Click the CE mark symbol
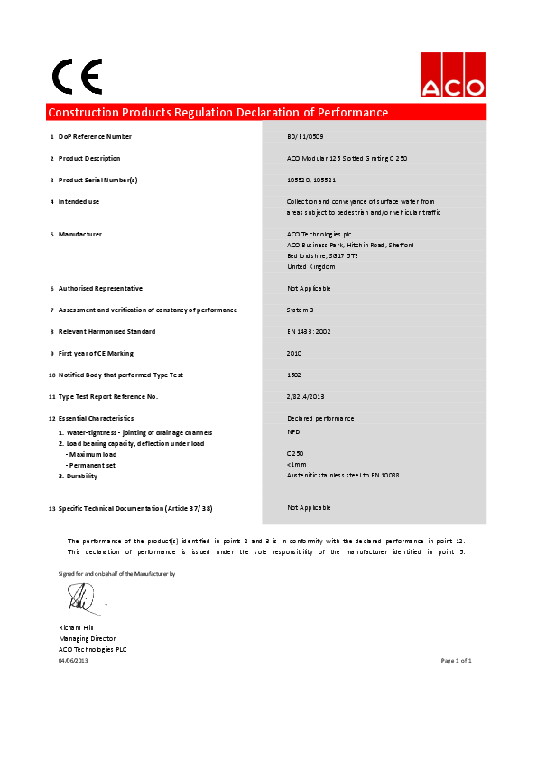[x=77, y=77]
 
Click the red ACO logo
[x=452, y=75]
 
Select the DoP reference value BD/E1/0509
[x=304, y=137]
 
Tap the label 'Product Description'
[x=89, y=159]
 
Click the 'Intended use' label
[x=79, y=202]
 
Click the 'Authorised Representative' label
[x=100, y=289]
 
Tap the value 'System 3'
[x=300, y=310]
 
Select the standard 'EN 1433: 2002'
[x=309, y=332]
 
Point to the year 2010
[x=294, y=354]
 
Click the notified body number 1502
[x=294, y=375]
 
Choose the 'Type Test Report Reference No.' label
[x=108, y=397]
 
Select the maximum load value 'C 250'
[x=295, y=454]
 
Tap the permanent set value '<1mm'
[x=295, y=465]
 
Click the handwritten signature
[x=79, y=596]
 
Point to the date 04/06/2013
[x=73, y=661]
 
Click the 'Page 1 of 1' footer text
[x=456, y=661]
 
